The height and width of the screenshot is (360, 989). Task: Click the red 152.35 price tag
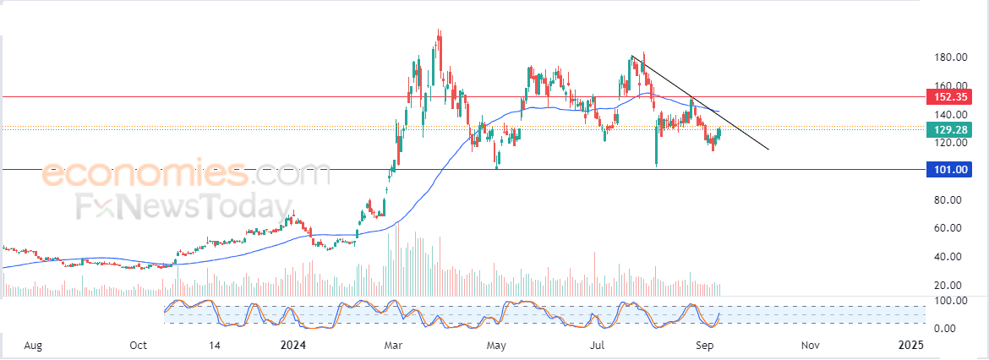tap(948, 97)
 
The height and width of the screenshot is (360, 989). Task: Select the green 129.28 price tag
tap(948, 130)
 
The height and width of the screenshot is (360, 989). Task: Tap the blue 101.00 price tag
tap(948, 170)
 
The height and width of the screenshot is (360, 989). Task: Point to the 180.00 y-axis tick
tap(950, 57)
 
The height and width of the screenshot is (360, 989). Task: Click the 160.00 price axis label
tap(950, 85)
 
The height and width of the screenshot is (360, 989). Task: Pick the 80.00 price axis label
tap(953, 200)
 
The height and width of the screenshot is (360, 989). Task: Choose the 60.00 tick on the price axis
tap(953, 228)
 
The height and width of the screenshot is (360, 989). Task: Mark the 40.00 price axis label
tap(953, 257)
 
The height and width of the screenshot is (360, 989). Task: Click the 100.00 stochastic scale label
tap(950, 300)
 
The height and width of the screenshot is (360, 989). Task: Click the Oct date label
tap(138, 346)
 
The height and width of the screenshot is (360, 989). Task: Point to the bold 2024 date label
tap(292, 346)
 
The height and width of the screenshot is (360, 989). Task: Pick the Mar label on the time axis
tap(394, 346)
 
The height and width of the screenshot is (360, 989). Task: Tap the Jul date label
tap(597, 346)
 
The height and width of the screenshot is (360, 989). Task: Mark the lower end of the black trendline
tap(769, 150)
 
